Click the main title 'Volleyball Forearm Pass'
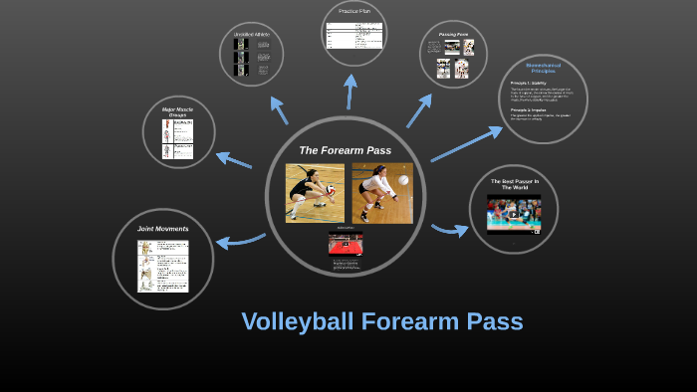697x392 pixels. coord(381,321)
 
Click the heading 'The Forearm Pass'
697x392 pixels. coord(345,150)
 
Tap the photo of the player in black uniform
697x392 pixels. coord(315,192)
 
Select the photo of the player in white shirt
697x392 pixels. coord(381,192)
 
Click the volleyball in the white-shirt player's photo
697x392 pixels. coord(403,181)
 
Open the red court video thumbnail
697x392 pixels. coord(346,243)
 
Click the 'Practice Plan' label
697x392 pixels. coord(354,11)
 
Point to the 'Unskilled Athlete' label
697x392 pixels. coord(252,35)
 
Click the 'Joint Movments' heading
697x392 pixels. coord(163,229)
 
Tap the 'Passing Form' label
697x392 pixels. coord(454,34)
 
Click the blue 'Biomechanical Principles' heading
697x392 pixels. coord(543,69)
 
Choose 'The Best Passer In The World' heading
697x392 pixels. coord(514,184)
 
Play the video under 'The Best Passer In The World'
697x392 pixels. coord(514,214)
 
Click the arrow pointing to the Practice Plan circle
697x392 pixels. coord(350,90)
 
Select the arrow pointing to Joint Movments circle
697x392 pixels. coord(239,240)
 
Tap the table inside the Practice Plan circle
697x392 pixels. coord(354,35)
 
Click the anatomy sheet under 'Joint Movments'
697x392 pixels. coord(163,265)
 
